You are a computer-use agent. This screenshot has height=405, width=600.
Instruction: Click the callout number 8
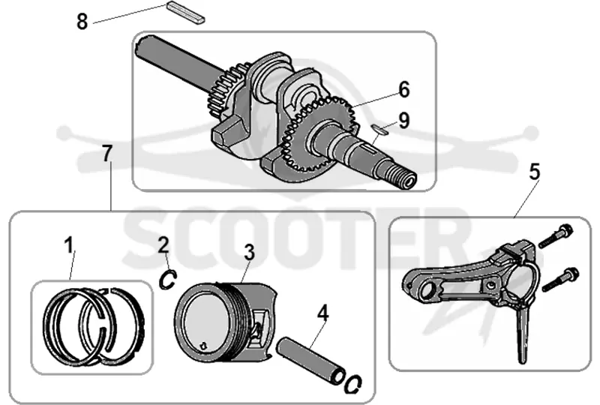click(82, 21)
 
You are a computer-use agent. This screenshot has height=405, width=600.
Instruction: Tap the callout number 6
click(403, 89)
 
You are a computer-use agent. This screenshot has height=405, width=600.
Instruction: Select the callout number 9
click(403, 120)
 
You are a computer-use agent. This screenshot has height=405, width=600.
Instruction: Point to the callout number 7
click(107, 154)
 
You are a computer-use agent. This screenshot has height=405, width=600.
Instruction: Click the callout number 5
click(535, 172)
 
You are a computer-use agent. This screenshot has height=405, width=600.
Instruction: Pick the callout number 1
click(69, 245)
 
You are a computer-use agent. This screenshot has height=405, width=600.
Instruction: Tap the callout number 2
click(163, 244)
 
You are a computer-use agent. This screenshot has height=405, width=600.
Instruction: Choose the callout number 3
click(249, 253)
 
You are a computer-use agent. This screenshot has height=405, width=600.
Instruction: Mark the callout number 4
click(323, 313)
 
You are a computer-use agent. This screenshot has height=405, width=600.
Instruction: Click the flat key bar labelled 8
click(186, 12)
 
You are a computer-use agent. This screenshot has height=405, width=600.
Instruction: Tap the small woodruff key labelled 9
click(379, 130)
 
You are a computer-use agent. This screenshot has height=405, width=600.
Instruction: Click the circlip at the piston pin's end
click(352, 383)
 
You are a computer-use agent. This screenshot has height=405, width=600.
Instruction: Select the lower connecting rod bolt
click(559, 280)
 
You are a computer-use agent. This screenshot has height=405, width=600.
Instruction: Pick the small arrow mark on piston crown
click(204, 345)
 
